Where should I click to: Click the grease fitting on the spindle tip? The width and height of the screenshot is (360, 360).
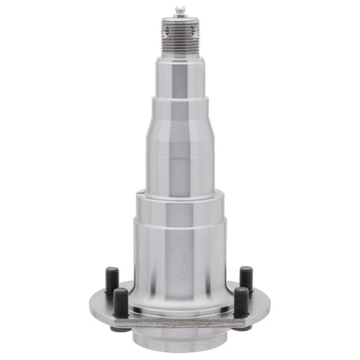180,11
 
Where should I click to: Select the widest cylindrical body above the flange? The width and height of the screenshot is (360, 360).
180,255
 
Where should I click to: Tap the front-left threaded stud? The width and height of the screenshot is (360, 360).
121,303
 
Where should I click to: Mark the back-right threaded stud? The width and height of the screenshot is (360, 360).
247,280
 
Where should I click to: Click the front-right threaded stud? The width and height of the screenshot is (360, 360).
241,302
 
